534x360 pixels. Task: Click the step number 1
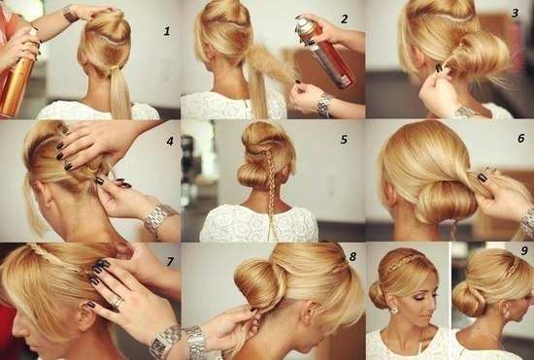point(167,32)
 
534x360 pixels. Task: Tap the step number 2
point(345,19)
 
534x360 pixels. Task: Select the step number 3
point(515,13)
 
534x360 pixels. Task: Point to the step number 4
point(170,141)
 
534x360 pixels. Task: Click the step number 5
point(344,139)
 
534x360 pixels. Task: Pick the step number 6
point(521,138)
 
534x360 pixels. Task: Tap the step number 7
point(170,261)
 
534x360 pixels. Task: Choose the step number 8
point(352,256)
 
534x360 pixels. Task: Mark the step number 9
point(524,250)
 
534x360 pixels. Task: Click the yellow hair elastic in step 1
point(116,69)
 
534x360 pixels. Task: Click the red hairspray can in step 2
point(326,53)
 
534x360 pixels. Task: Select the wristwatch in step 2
point(324,105)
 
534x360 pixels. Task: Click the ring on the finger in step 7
point(117,302)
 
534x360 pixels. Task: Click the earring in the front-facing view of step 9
point(394,311)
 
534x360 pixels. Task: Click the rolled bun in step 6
point(446,202)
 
